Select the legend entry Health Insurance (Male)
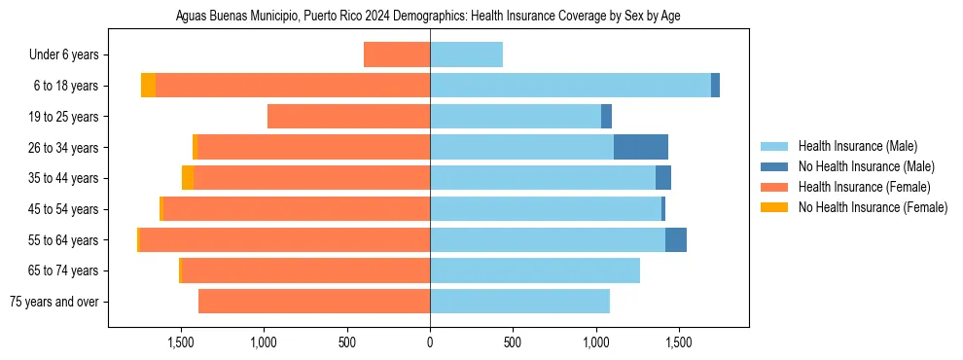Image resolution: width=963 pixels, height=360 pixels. coord(857,146)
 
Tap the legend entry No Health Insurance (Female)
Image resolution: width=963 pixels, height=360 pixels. coord(873,207)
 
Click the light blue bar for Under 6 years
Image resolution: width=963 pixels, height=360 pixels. coord(466,54)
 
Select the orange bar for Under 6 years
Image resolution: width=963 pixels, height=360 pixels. coord(397,54)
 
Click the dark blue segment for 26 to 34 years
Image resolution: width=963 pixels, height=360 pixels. coord(641,147)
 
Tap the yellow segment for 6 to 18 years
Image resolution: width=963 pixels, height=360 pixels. coord(148,86)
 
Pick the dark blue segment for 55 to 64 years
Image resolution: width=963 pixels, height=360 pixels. coord(676,239)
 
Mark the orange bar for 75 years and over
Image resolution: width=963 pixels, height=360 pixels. coord(314,302)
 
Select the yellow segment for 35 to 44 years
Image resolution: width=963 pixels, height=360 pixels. coord(188,178)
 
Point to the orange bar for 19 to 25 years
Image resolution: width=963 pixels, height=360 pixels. coord(348,117)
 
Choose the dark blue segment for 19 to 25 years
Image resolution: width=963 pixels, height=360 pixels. coord(606,117)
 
